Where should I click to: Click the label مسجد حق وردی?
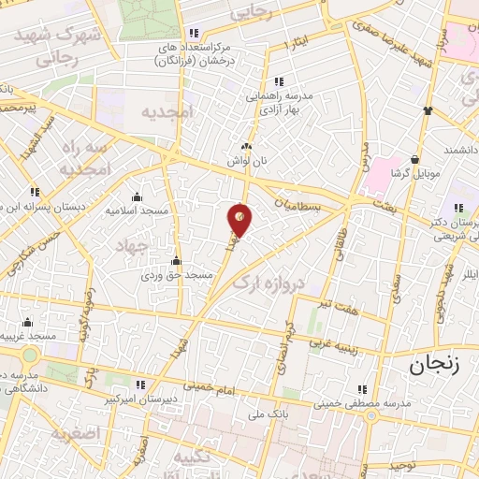(x=178, y=275)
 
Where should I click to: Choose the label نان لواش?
(x=250, y=160)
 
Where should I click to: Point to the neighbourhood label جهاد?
(x=134, y=245)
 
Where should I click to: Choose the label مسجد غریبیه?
(x=29, y=335)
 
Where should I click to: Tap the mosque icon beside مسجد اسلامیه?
(x=137, y=196)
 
